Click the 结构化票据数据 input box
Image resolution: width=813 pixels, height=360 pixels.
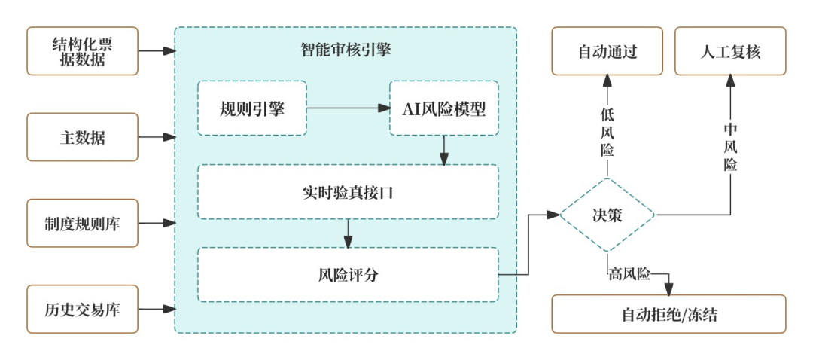83,51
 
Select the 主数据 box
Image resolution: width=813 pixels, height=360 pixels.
83,137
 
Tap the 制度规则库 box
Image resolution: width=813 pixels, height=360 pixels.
83,223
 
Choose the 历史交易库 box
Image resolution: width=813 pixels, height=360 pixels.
83,309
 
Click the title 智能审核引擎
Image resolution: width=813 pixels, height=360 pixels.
346,50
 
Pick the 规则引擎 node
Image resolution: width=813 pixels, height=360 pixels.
251,108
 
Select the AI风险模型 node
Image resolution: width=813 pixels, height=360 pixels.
444,108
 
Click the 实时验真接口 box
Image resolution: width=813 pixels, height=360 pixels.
348,191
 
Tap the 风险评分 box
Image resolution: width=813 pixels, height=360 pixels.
348,274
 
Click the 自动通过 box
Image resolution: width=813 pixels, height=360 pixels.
607,51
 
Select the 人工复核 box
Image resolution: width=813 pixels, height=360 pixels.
730,51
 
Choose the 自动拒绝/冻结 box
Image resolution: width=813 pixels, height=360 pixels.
668,314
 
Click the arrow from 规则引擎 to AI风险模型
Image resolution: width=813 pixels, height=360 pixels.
348,108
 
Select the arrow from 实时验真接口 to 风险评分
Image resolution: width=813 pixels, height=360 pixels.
348,233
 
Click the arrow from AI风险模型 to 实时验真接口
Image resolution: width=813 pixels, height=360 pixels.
444,150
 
